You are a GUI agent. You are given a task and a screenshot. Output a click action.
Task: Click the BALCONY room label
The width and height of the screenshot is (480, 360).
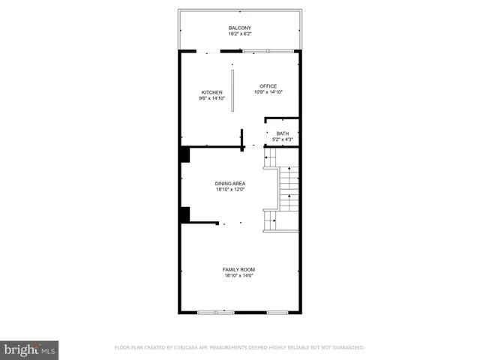click(x=239, y=28)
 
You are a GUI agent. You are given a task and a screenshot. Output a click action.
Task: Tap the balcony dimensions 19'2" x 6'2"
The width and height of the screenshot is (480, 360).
click(x=239, y=34)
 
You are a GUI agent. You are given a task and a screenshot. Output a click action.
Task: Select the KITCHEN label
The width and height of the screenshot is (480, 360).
click(x=211, y=92)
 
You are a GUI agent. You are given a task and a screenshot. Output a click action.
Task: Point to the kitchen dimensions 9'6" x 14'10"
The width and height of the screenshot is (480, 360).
click(x=211, y=98)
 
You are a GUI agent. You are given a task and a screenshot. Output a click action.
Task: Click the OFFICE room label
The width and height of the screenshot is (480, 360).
click(x=268, y=85)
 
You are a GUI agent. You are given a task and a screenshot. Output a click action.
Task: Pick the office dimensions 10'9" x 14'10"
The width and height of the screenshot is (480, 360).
click(x=268, y=91)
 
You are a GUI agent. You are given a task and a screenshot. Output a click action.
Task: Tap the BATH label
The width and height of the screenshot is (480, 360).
click(x=282, y=133)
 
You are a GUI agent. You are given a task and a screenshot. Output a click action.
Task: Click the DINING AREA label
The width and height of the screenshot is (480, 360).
click(x=230, y=183)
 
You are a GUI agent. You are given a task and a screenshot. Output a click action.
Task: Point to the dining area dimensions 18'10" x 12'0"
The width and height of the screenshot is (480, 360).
click(x=230, y=189)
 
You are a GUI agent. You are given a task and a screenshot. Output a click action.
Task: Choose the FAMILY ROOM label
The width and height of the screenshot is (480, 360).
click(x=238, y=269)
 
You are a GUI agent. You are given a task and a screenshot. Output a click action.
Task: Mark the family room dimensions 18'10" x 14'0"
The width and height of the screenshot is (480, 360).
click(x=238, y=275)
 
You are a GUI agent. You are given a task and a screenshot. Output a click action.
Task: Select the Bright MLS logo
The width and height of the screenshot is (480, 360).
click(x=29, y=349)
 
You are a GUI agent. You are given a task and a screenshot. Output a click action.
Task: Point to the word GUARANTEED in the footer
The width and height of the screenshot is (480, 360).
click(x=346, y=348)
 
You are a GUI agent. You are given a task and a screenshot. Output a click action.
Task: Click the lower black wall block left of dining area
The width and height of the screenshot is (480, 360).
click(x=184, y=214)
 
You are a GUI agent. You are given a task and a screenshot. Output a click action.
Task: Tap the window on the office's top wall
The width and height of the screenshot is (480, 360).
click(x=267, y=51)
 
